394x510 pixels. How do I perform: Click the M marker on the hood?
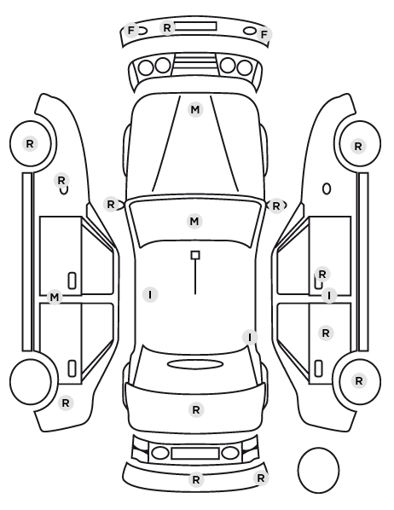click(x=195, y=110)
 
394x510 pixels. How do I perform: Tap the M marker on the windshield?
click(x=194, y=221)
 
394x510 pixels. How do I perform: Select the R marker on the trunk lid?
click(x=196, y=410)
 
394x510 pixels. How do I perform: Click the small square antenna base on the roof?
click(x=195, y=255)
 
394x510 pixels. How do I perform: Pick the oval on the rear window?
click(x=195, y=364)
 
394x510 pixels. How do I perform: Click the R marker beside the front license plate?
click(x=167, y=27)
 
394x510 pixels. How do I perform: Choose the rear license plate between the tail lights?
click(x=195, y=453)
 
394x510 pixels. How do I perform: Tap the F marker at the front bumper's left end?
click(x=130, y=31)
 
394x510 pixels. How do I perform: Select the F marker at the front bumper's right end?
click(x=264, y=34)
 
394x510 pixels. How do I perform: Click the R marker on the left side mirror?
click(x=111, y=205)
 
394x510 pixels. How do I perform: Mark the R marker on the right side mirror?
click(x=276, y=206)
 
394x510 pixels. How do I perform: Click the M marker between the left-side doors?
click(x=55, y=298)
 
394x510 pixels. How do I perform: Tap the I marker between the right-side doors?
click(x=329, y=296)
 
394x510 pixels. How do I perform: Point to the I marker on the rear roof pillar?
click(x=250, y=337)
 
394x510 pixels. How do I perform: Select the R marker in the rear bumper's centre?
click(x=196, y=479)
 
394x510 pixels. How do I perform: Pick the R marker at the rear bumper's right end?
click(x=261, y=478)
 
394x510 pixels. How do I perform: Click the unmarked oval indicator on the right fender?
click(x=327, y=189)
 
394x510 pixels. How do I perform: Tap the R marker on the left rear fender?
click(x=66, y=403)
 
